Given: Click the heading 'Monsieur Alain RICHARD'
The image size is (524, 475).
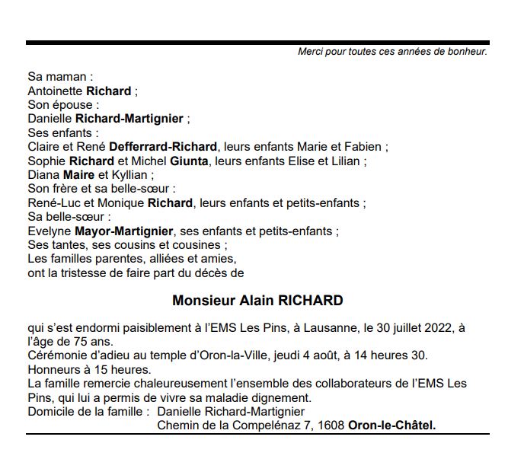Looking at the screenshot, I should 257,300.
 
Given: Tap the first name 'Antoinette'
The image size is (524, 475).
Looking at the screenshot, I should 56,91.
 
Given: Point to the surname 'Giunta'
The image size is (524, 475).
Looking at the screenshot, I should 191,161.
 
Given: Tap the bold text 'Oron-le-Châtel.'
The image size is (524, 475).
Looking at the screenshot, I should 392,426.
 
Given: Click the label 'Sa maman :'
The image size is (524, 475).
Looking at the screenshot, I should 60,77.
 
